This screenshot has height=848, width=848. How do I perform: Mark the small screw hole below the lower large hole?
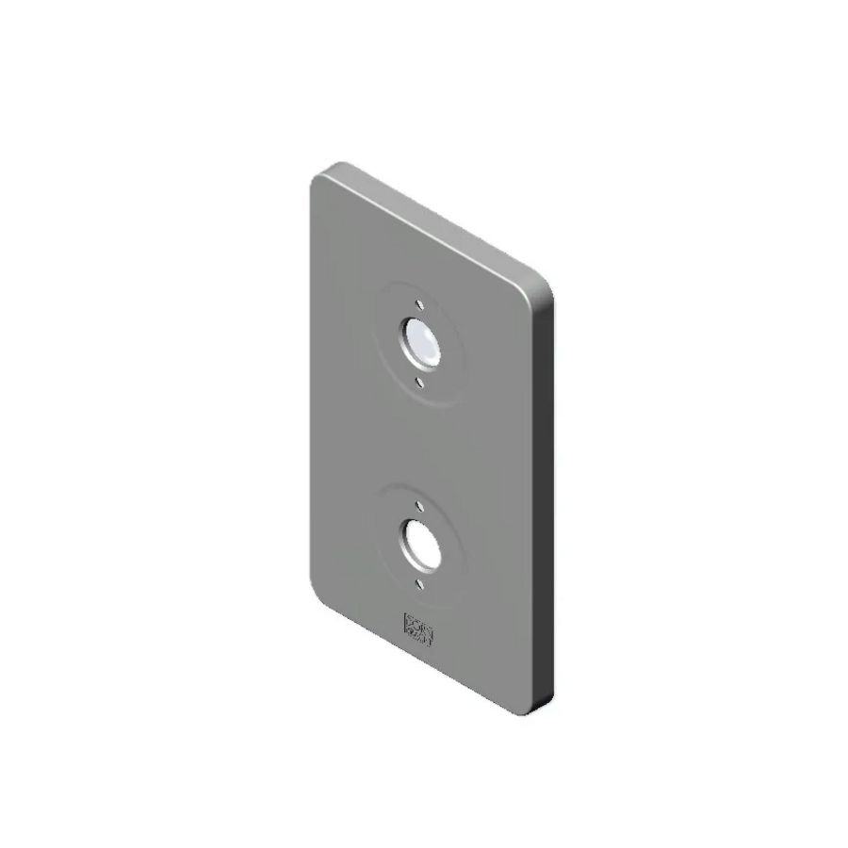pos(415,581)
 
